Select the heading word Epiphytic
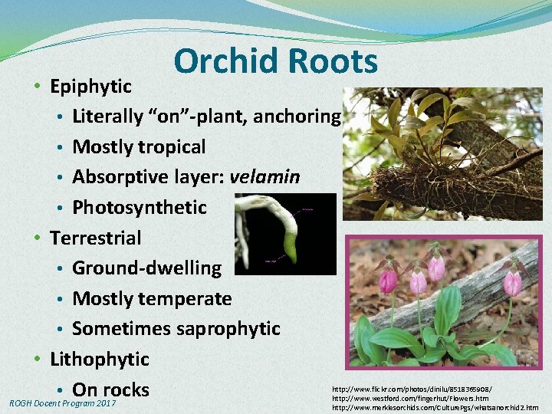tap(90, 87)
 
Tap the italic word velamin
tap(264, 177)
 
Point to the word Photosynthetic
tap(140, 207)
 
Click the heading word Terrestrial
tap(96, 238)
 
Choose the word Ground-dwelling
tap(146, 268)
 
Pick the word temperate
tap(191, 298)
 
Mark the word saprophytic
tap(228, 328)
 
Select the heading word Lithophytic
tap(100, 359)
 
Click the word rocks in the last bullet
tap(124, 389)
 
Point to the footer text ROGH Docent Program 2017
tap(62, 403)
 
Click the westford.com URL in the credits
tap(410, 399)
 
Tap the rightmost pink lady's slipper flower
tap(512, 282)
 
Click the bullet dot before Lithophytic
tap(38, 359)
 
